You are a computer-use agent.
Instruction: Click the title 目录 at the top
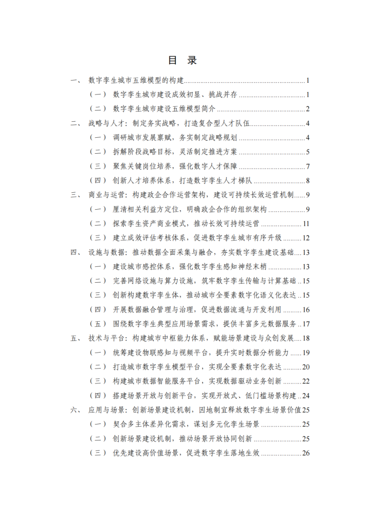point(182,60)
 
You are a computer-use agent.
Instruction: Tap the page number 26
point(305,453)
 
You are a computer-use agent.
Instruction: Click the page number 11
point(305,224)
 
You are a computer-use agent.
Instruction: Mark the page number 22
point(305,381)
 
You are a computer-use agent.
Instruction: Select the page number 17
point(305,324)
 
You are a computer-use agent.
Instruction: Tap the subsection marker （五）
point(98,324)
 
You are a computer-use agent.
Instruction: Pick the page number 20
point(305,367)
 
